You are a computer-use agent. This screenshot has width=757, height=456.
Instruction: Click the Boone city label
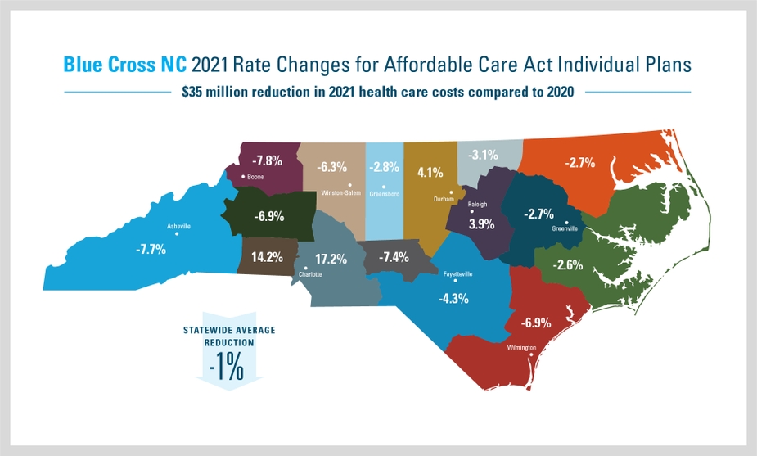coord(255,176)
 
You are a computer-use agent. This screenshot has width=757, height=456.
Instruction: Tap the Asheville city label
coord(178,225)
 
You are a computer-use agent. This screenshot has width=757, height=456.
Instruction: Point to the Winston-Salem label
coord(341,193)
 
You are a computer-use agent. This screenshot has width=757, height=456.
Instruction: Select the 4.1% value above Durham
coord(430,173)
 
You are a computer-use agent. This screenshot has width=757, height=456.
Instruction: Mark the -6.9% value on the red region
coord(535,323)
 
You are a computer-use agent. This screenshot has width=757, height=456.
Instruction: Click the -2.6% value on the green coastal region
coord(567,264)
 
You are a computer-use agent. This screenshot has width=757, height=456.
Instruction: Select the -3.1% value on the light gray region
coord(484,154)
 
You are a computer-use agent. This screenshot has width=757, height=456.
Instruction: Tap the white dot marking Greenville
coord(566,223)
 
